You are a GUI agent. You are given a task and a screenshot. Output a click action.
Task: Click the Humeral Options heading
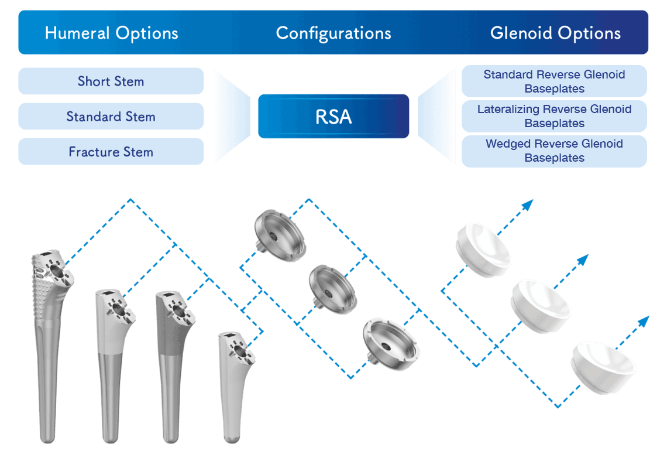[111, 33]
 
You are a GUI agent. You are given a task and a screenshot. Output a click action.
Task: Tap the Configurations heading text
[333, 33]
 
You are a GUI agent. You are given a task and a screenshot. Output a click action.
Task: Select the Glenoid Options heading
[555, 33]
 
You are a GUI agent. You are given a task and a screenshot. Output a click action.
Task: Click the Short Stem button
[111, 81]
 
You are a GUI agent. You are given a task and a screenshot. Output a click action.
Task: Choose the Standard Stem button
[111, 117]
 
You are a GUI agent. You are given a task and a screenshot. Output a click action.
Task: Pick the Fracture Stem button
[111, 152]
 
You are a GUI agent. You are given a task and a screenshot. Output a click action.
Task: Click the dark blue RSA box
[333, 117]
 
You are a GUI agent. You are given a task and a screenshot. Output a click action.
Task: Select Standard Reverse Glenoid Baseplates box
[554, 81]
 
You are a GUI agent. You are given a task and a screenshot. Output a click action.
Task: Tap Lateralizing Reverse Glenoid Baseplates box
[554, 116]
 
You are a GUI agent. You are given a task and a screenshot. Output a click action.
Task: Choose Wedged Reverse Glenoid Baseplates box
[554, 151]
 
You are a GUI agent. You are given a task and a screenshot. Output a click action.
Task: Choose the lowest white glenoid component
[603, 364]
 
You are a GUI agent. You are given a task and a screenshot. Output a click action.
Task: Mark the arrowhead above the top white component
[528, 204]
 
